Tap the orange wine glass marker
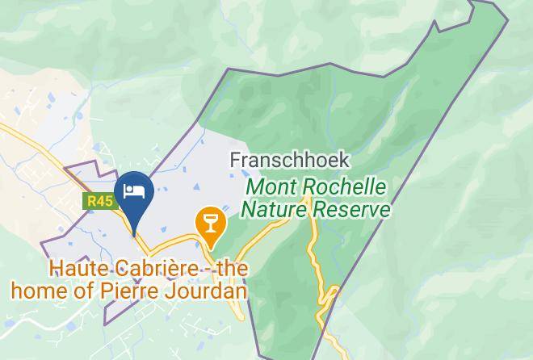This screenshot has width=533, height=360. pyautogui.click(x=211, y=221)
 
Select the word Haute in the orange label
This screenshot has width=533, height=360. pyautogui.click(x=73, y=268)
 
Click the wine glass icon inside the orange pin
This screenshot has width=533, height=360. pyautogui.click(x=211, y=220)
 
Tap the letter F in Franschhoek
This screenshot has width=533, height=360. pyautogui.click(x=235, y=160)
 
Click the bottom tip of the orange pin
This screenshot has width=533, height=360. pyautogui.click(x=211, y=247)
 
